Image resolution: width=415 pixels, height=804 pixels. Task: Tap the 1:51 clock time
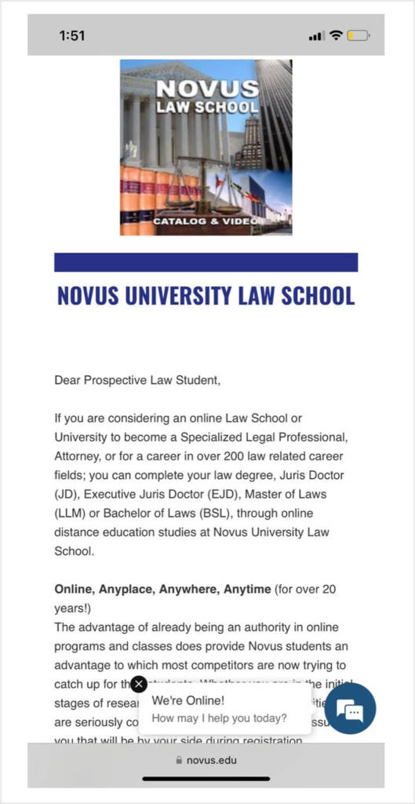(x=71, y=35)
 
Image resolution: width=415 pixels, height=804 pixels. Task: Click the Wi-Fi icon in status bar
(x=336, y=35)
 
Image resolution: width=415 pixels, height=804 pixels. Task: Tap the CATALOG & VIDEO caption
(x=205, y=221)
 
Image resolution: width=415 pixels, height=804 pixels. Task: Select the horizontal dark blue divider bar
(x=206, y=262)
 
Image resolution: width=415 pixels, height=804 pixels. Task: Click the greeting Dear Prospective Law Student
(x=137, y=381)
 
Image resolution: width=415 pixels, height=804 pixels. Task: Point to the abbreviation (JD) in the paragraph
(x=67, y=494)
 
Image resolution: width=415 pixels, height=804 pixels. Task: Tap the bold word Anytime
(x=247, y=588)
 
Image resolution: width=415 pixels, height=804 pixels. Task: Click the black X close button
(x=139, y=684)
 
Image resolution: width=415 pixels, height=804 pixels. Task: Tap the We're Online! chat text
(x=187, y=700)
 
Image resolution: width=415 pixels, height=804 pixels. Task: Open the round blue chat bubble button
(x=350, y=709)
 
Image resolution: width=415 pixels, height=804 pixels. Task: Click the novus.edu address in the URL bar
(x=212, y=759)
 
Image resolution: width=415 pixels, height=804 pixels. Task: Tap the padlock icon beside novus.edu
(x=179, y=759)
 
